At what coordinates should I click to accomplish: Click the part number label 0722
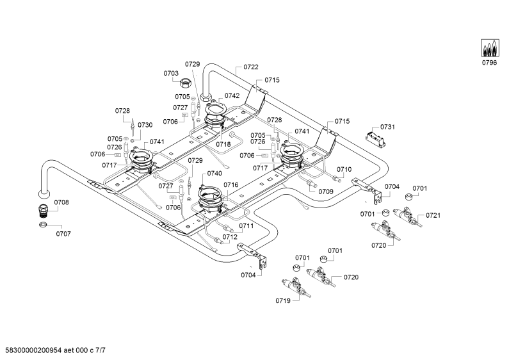251,67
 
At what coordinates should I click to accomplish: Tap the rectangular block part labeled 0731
376,139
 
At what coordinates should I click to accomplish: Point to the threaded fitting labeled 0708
42,211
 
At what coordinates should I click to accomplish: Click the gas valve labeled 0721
407,217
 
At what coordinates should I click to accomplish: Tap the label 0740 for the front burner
214,173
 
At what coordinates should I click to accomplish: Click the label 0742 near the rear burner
232,95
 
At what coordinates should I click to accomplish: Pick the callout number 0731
387,127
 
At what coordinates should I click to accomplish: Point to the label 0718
223,144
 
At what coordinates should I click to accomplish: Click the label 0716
230,185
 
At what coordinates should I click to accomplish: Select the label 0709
326,192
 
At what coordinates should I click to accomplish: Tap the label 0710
344,169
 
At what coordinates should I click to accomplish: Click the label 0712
230,237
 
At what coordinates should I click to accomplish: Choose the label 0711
246,226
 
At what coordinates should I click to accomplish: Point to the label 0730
145,125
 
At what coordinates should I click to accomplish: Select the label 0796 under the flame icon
489,63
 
